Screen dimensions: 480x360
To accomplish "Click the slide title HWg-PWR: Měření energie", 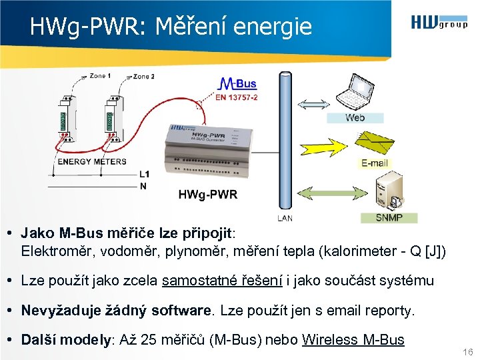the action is coord(171,27).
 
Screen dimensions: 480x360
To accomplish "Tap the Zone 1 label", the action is coord(100,75).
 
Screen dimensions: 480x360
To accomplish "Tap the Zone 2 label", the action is coord(143,77).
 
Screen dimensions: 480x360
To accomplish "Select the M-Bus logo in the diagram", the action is coord(237,84).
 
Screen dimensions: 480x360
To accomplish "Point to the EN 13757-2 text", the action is coord(236,97).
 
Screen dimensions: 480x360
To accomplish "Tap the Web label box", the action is coord(355,118).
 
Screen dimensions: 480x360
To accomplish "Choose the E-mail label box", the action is coord(375,163).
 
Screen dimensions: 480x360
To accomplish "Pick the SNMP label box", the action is coord(389,218).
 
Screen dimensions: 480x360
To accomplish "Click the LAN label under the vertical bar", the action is coord(285,219).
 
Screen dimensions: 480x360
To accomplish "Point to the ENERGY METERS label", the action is coord(92,161).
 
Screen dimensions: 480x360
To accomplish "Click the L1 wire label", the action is coord(145,175).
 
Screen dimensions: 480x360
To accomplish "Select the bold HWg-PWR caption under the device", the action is coord(207,195).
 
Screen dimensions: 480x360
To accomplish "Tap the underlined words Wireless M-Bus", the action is coord(353,340).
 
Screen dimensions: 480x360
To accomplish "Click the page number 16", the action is coord(467,351).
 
